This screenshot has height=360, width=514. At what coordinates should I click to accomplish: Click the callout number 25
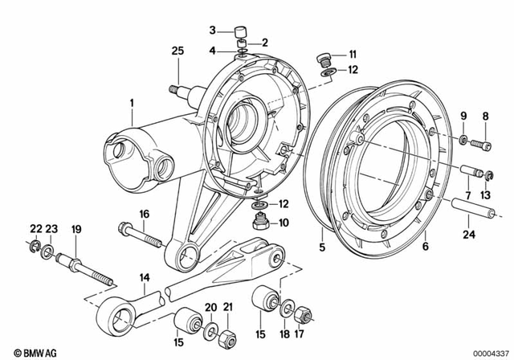(x=177, y=51)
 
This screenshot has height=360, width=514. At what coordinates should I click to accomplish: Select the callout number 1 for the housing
(x=133, y=103)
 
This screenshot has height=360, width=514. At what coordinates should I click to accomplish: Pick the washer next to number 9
(x=465, y=141)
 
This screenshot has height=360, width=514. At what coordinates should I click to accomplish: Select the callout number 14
(x=145, y=277)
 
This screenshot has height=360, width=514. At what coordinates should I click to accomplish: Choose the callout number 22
(x=36, y=229)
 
